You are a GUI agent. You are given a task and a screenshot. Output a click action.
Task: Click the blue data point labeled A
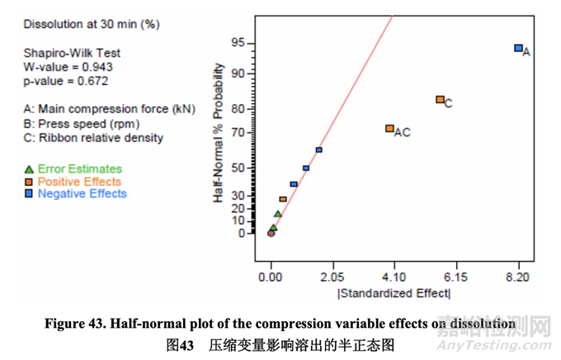click(x=518, y=49)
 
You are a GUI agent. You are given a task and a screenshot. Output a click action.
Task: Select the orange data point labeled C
click(x=440, y=100)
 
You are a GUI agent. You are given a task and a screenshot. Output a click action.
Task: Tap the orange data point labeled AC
click(x=389, y=129)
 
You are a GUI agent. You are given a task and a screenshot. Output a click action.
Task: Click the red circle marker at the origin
click(x=271, y=233)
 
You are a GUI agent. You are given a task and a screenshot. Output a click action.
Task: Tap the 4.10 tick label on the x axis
click(x=394, y=277)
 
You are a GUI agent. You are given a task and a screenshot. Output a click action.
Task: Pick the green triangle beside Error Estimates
click(x=29, y=169)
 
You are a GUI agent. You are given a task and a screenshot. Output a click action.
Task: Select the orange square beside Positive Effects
click(x=29, y=182)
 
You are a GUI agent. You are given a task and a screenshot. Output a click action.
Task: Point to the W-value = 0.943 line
click(x=68, y=68)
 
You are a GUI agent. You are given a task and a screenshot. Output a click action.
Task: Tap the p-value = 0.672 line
click(x=66, y=81)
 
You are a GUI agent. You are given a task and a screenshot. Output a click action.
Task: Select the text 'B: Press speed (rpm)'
click(x=81, y=124)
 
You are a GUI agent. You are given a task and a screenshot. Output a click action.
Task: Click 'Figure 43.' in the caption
click(x=73, y=324)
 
